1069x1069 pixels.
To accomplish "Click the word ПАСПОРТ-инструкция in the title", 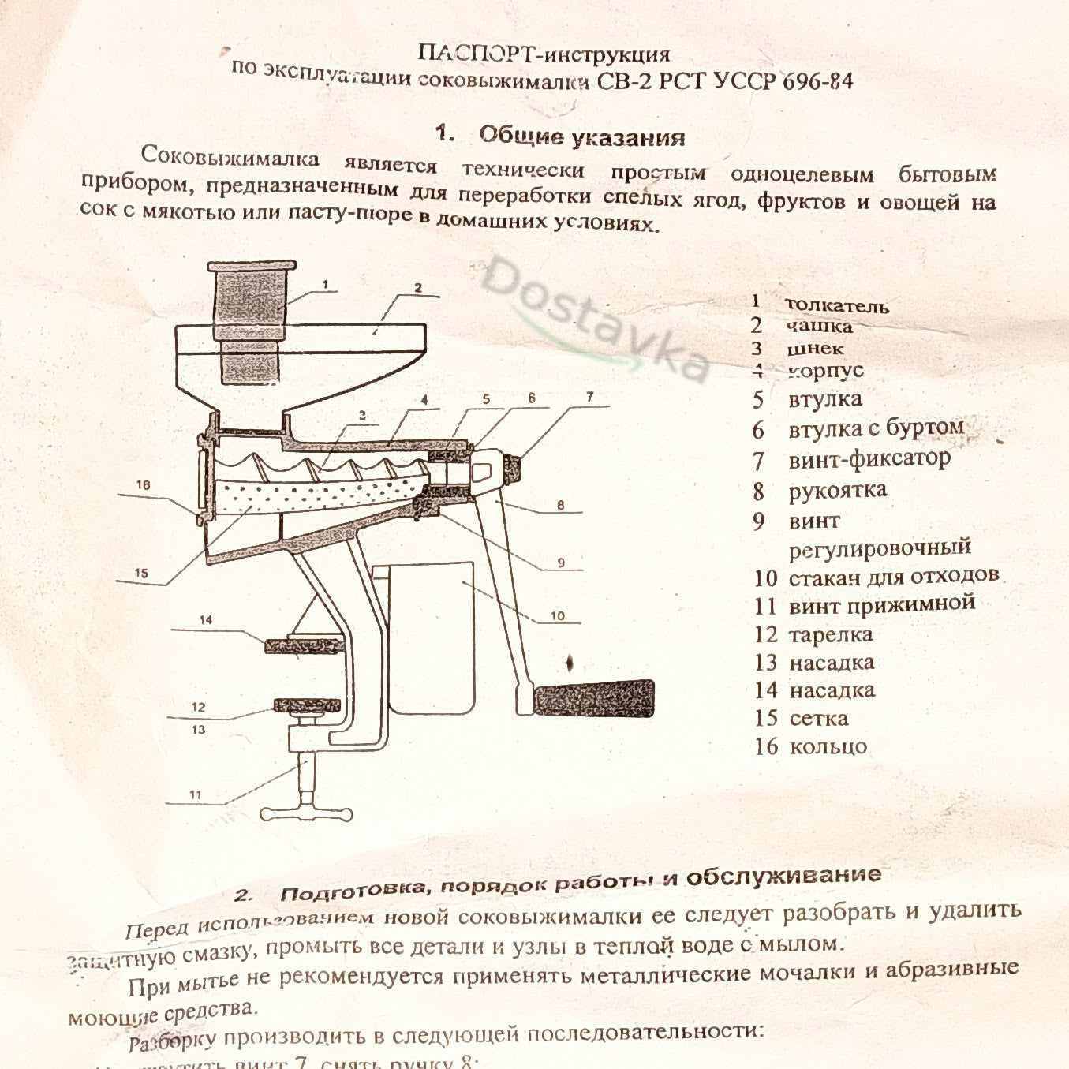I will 544,54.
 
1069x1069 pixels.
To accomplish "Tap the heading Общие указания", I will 581,136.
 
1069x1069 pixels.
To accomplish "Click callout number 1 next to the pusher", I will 325,285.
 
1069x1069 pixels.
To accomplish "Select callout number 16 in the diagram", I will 143,484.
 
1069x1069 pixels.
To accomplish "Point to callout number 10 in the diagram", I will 557,615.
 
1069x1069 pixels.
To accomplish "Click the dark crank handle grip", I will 593,697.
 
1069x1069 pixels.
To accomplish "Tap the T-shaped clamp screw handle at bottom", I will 306,813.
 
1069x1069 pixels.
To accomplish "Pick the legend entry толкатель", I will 836,306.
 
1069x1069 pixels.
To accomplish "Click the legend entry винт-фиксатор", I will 869,459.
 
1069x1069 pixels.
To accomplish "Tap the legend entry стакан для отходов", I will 893,577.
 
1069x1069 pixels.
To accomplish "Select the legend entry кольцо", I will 828,746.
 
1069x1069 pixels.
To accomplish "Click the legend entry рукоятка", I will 837,491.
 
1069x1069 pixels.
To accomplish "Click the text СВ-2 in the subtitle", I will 624,81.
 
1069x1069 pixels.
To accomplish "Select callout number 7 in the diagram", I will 589,397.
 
